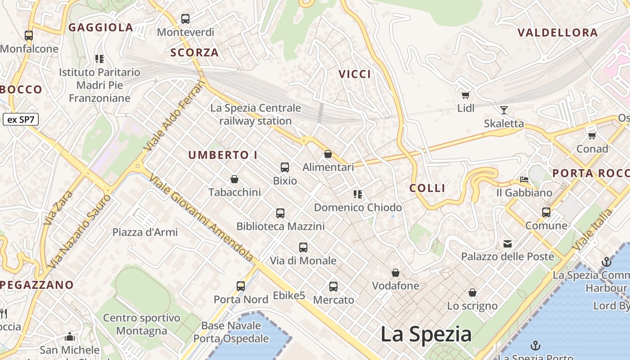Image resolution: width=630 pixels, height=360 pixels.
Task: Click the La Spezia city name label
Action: click(x=426, y=334)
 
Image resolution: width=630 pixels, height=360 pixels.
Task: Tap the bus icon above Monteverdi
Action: click(x=185, y=19)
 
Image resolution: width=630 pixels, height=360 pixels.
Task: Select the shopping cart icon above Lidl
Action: click(x=466, y=95)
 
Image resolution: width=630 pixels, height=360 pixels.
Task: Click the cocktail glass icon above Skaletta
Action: click(x=504, y=110)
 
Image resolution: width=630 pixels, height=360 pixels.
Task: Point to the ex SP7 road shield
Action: click(x=21, y=120)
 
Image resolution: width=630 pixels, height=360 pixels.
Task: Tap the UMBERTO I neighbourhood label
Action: click(x=223, y=155)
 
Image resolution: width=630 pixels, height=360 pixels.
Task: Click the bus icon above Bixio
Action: click(x=285, y=167)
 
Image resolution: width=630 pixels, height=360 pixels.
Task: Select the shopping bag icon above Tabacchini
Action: click(x=234, y=179)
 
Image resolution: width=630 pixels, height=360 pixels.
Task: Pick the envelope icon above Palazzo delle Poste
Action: click(x=508, y=244)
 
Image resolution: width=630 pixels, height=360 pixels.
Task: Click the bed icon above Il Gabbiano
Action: click(x=524, y=180)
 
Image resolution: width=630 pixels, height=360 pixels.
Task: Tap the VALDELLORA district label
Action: click(x=558, y=33)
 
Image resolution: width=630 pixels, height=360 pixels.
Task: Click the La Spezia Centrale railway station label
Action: click(x=256, y=114)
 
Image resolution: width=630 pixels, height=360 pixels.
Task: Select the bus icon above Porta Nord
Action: click(x=241, y=286)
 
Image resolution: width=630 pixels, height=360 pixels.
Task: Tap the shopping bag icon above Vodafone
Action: click(x=396, y=273)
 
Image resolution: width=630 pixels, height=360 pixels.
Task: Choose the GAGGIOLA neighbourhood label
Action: click(x=101, y=27)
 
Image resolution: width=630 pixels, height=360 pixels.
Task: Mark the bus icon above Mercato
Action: click(x=333, y=287)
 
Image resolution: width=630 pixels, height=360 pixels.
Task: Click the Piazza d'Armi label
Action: click(x=145, y=232)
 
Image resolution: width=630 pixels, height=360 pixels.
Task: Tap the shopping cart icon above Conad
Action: click(x=592, y=135)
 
